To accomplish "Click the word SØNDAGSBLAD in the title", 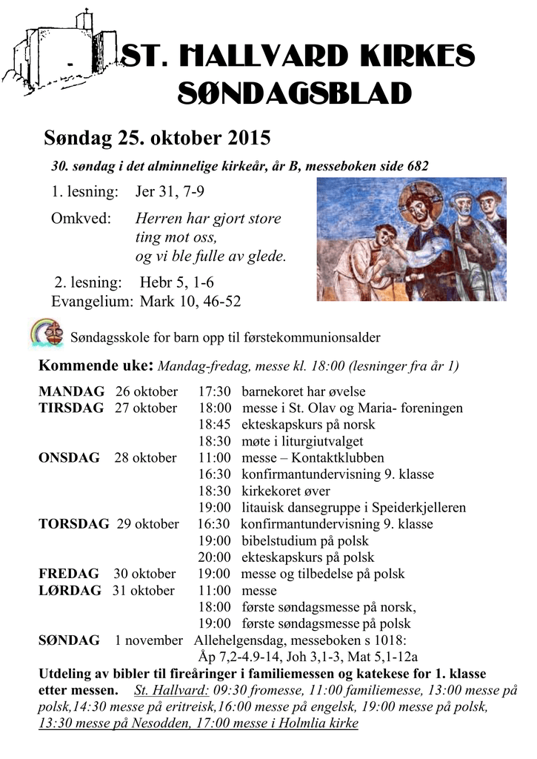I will [296, 95].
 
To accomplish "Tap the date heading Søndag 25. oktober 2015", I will [157, 139].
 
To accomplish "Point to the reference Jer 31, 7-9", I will [170, 192].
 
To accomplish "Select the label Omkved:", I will [81, 219].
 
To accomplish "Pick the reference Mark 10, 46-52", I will [190, 301].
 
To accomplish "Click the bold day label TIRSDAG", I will [71, 408].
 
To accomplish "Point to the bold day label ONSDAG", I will [69, 458].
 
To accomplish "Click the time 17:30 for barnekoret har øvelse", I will [215, 391].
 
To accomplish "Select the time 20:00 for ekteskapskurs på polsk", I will [215, 558].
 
